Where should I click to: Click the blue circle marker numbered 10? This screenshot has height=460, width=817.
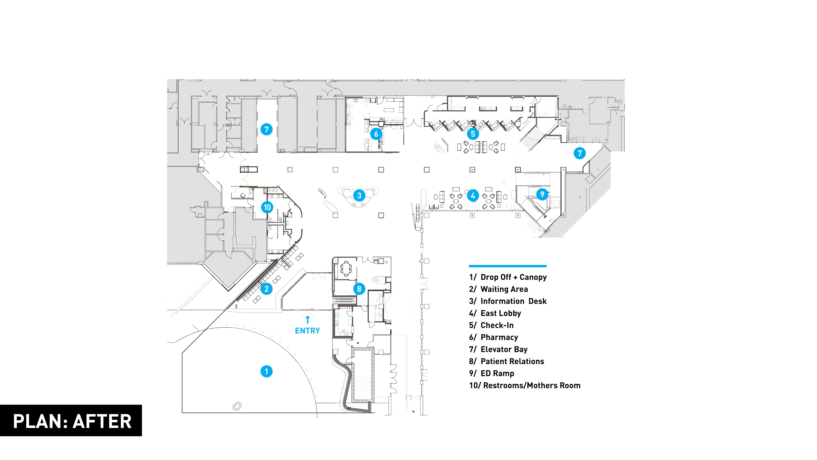(x=267, y=207)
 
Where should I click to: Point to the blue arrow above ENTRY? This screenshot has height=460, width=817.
(x=307, y=320)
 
